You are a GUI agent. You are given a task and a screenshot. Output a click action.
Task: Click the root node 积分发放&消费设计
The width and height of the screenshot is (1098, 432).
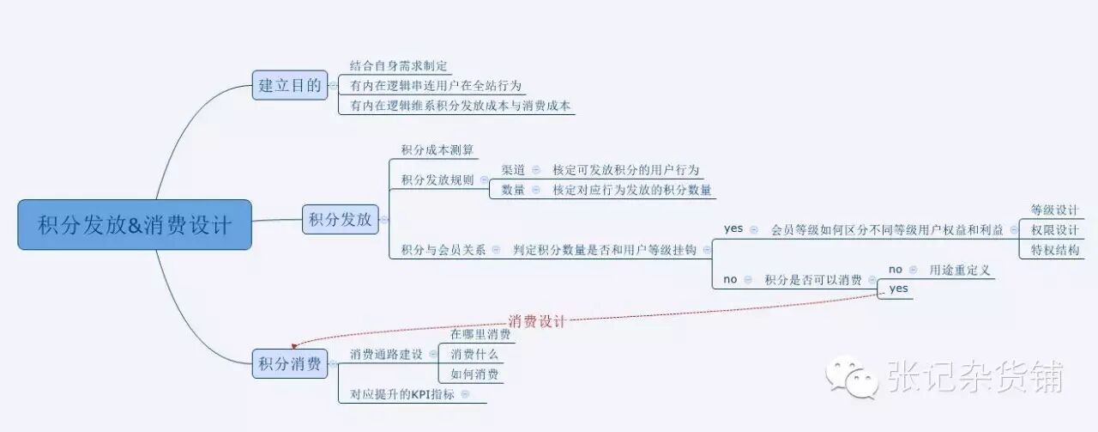coord(135,225)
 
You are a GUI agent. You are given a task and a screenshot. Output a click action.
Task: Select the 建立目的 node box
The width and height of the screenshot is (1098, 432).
coord(290,85)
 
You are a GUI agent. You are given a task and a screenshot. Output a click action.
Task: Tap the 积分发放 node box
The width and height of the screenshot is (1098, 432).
coord(341,219)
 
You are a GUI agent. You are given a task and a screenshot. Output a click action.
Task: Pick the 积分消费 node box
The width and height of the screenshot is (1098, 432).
coord(290,363)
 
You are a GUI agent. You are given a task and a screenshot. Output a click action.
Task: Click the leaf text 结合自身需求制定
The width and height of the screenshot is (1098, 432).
coord(399,65)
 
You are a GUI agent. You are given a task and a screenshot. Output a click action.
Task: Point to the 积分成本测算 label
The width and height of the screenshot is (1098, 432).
coord(437,150)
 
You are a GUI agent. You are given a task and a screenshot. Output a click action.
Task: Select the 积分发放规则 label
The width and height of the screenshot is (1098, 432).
coord(437,180)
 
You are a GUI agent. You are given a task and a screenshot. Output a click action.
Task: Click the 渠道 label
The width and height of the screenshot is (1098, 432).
coord(513,170)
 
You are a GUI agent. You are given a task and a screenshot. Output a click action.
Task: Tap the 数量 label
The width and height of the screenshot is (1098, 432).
coord(513,190)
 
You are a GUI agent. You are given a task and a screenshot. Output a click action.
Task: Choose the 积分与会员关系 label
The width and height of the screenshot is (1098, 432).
coord(443,250)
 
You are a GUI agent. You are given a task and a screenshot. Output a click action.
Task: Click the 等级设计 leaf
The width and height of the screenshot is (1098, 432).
coord(1054,210)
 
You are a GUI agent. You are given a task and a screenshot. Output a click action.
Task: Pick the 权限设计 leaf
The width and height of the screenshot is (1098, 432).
coord(1054,230)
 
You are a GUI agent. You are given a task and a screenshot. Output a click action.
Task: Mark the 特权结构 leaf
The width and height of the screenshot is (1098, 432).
coord(1054,250)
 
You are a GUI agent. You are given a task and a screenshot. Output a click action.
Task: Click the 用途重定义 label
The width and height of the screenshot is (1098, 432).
coord(960,270)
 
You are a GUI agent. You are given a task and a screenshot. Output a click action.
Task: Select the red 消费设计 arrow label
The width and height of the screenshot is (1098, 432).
coord(537,321)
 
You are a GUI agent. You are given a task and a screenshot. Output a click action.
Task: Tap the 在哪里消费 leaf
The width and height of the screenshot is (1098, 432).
coord(474,334)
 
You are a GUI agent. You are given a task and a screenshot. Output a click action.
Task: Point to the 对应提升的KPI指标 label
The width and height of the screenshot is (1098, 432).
coord(402,394)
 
